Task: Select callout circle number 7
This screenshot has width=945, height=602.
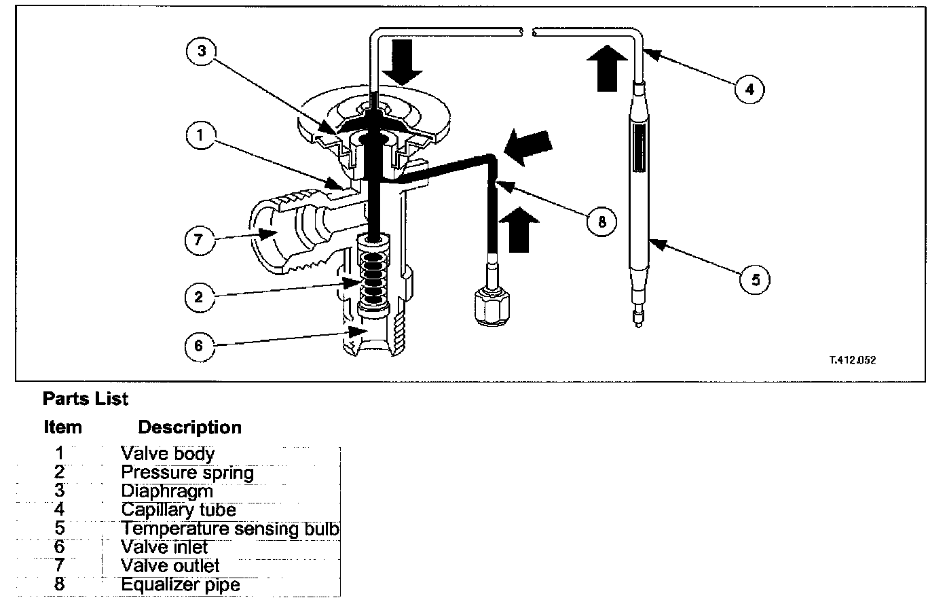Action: coord(200,240)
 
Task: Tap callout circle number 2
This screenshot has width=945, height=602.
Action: coord(199,296)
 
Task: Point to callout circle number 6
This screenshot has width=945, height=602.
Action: coord(199,346)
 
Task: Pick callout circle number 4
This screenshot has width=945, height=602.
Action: coord(749,89)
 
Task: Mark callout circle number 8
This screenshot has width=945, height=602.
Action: coord(601,221)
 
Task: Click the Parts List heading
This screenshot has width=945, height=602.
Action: coord(85,399)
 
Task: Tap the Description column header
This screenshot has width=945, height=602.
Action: coord(189,427)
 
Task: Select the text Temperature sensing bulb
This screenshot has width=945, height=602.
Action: coord(230,529)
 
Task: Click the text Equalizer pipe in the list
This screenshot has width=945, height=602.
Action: coord(181,584)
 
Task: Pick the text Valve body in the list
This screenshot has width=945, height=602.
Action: coord(168,454)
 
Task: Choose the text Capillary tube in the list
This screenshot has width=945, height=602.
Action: coord(179,510)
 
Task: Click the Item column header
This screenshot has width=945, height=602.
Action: coord(62,427)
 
